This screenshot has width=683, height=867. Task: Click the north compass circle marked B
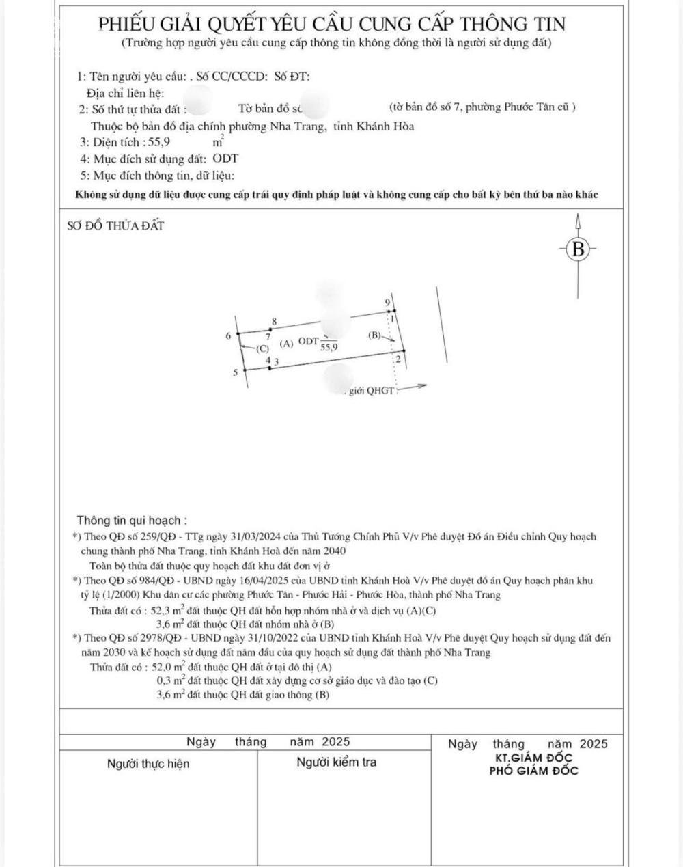point(579,249)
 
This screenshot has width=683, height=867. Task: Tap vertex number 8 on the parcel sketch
point(274,321)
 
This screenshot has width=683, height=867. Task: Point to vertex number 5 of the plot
point(236,372)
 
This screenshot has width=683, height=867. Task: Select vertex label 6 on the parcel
point(228,335)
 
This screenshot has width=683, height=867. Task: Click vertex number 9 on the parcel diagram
point(388,302)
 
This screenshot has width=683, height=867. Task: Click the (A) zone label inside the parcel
point(287,343)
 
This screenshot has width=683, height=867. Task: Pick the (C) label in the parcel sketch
point(263,348)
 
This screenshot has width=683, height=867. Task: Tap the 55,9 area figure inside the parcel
point(329,347)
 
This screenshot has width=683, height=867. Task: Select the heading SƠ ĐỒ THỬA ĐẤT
point(115,226)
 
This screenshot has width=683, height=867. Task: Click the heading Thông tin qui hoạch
point(132,521)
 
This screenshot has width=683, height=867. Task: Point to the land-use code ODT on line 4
point(225,159)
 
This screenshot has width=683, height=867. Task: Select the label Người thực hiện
point(148,763)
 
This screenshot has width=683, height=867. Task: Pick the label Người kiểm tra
point(336,762)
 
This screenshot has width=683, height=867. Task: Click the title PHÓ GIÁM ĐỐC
point(533,771)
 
